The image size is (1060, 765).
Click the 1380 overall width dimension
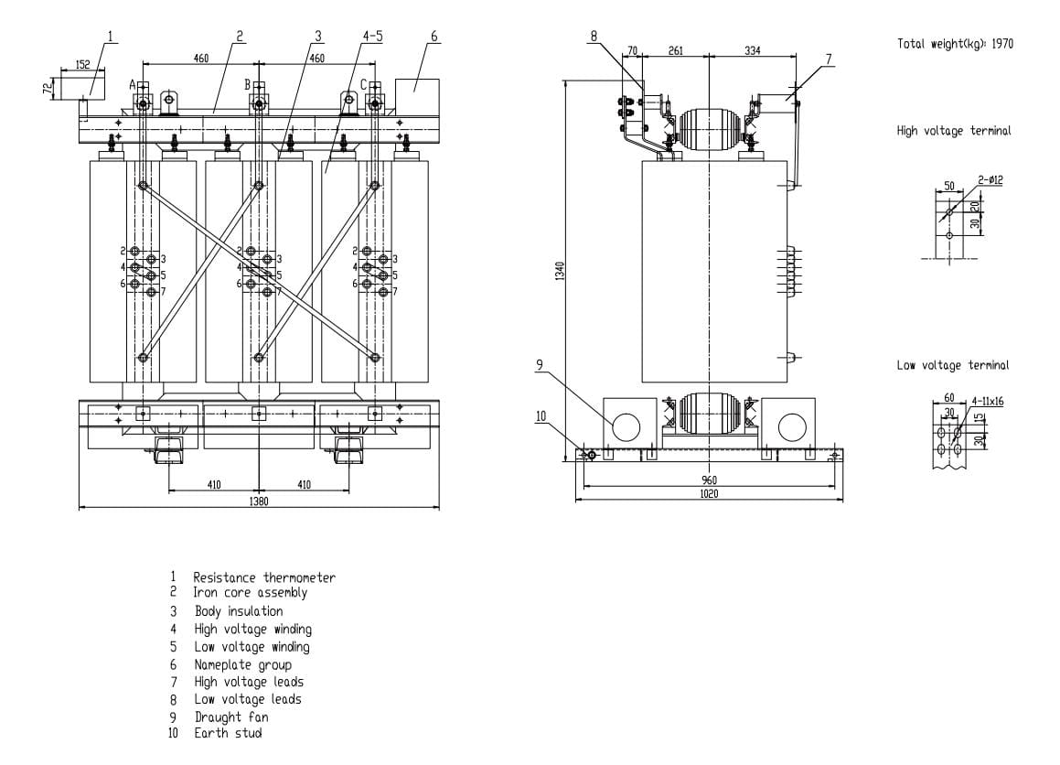tap(260, 501)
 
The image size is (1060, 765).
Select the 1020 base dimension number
tap(709, 495)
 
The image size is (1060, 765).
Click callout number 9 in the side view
tap(541, 364)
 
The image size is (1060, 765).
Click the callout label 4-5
tap(372, 37)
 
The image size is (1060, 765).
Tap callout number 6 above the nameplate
tap(434, 37)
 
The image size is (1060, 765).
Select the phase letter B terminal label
tap(247, 84)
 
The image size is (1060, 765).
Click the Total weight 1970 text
tap(955, 43)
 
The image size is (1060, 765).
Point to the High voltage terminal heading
tap(953, 131)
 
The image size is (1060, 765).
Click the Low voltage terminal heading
tap(953, 366)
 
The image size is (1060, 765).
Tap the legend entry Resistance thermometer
tap(263, 577)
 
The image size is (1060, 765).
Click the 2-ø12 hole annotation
tap(990, 180)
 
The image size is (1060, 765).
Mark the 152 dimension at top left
tap(82, 64)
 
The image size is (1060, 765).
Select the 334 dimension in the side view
tap(752, 51)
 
